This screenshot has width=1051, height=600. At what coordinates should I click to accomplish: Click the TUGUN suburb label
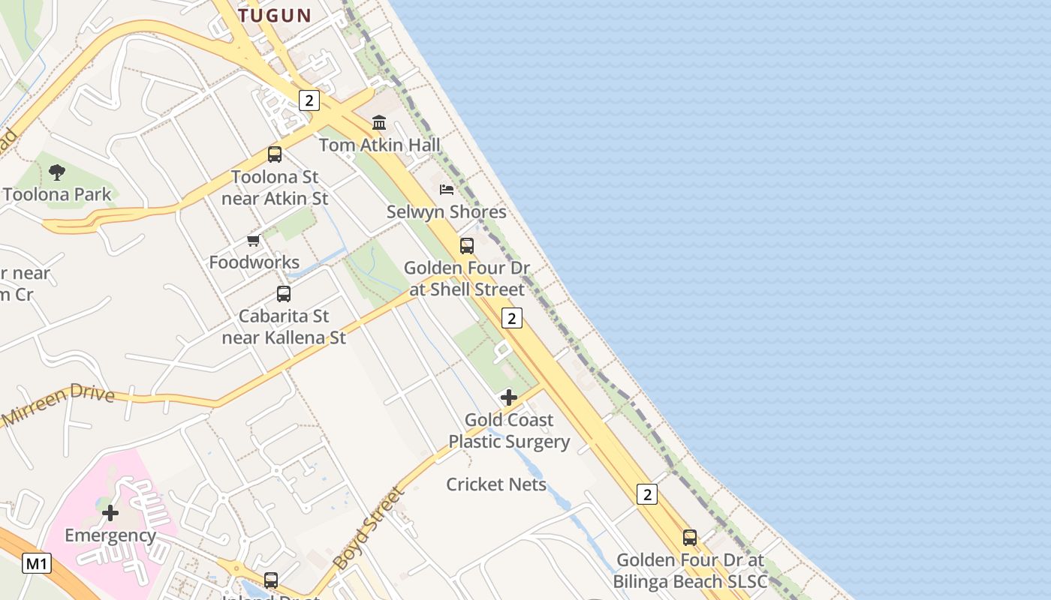274,15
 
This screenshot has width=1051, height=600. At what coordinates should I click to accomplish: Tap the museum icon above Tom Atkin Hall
379,122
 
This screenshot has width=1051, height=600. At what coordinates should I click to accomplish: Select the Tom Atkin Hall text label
379,145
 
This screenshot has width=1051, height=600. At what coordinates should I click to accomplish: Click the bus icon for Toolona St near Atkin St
275,154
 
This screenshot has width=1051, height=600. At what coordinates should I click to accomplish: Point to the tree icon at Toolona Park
56,172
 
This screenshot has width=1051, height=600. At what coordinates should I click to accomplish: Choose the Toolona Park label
57,194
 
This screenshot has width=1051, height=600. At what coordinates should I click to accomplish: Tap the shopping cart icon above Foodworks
254,241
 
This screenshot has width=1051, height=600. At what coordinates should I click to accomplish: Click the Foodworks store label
254,262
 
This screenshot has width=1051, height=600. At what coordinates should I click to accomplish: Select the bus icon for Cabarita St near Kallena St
284,294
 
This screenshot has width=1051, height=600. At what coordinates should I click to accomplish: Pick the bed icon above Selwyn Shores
447,190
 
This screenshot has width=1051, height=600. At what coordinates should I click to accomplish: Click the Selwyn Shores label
447,212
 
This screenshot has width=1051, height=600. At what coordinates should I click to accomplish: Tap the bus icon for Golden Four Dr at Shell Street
467,246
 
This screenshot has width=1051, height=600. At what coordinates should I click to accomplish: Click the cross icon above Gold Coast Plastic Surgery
509,397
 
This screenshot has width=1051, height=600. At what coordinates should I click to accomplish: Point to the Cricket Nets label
496,484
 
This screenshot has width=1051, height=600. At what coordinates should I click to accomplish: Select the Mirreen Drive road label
59,402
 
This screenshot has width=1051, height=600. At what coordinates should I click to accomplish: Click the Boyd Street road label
369,527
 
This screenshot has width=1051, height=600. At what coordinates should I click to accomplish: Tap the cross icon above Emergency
110,513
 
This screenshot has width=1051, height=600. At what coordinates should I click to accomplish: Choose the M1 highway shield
36,563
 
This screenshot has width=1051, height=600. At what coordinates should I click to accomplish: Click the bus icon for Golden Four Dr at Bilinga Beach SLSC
690,538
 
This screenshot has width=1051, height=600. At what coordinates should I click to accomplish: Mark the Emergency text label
110,535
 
